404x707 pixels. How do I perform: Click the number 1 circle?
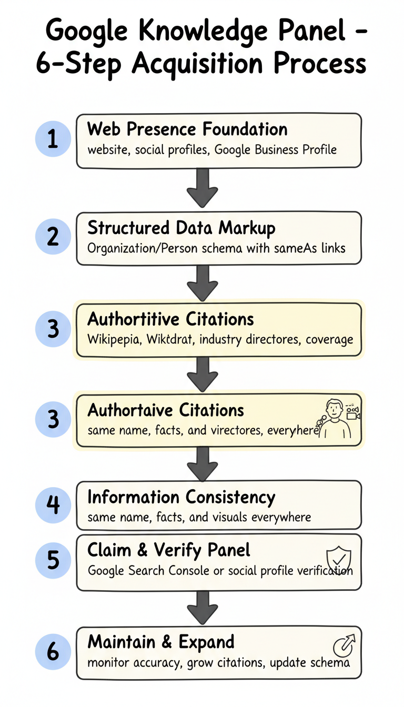53,140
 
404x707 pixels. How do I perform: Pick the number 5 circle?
53,560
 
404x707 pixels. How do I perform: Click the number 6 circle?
53,652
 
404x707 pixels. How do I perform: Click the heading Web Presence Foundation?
187,129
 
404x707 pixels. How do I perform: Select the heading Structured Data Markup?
181,228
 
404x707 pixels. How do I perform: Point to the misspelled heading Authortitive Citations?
170,319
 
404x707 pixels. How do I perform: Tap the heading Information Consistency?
181,497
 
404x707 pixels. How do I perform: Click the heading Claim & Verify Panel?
168,551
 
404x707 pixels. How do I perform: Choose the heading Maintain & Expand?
160,642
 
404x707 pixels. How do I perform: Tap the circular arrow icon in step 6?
345,645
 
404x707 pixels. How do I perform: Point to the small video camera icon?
352,412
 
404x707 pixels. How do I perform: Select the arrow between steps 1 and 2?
202,188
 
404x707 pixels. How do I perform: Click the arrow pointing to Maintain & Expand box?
202,606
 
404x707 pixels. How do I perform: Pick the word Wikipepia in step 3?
112,339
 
